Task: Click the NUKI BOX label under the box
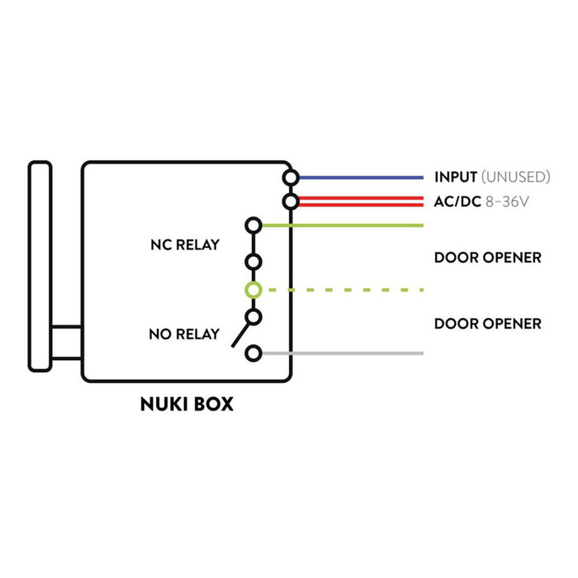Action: (x=187, y=404)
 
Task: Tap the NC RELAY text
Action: (x=185, y=244)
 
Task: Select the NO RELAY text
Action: (x=184, y=334)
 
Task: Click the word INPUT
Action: (x=456, y=177)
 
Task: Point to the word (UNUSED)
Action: (x=516, y=177)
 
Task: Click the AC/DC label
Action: (x=457, y=201)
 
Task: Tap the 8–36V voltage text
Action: (x=507, y=201)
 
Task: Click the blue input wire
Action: (x=362, y=178)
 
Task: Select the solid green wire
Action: (x=343, y=225)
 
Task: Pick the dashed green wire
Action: (x=346, y=290)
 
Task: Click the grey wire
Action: (x=343, y=353)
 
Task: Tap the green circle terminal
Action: (x=253, y=290)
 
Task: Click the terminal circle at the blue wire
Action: (x=291, y=178)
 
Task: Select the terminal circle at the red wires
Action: (x=291, y=201)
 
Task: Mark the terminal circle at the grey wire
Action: (x=253, y=353)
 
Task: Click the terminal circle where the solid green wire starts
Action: (x=253, y=225)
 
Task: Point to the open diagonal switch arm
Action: (x=240, y=334)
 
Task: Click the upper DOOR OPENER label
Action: (x=488, y=258)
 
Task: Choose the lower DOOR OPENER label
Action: (x=488, y=324)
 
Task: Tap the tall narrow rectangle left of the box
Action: (x=40, y=266)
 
